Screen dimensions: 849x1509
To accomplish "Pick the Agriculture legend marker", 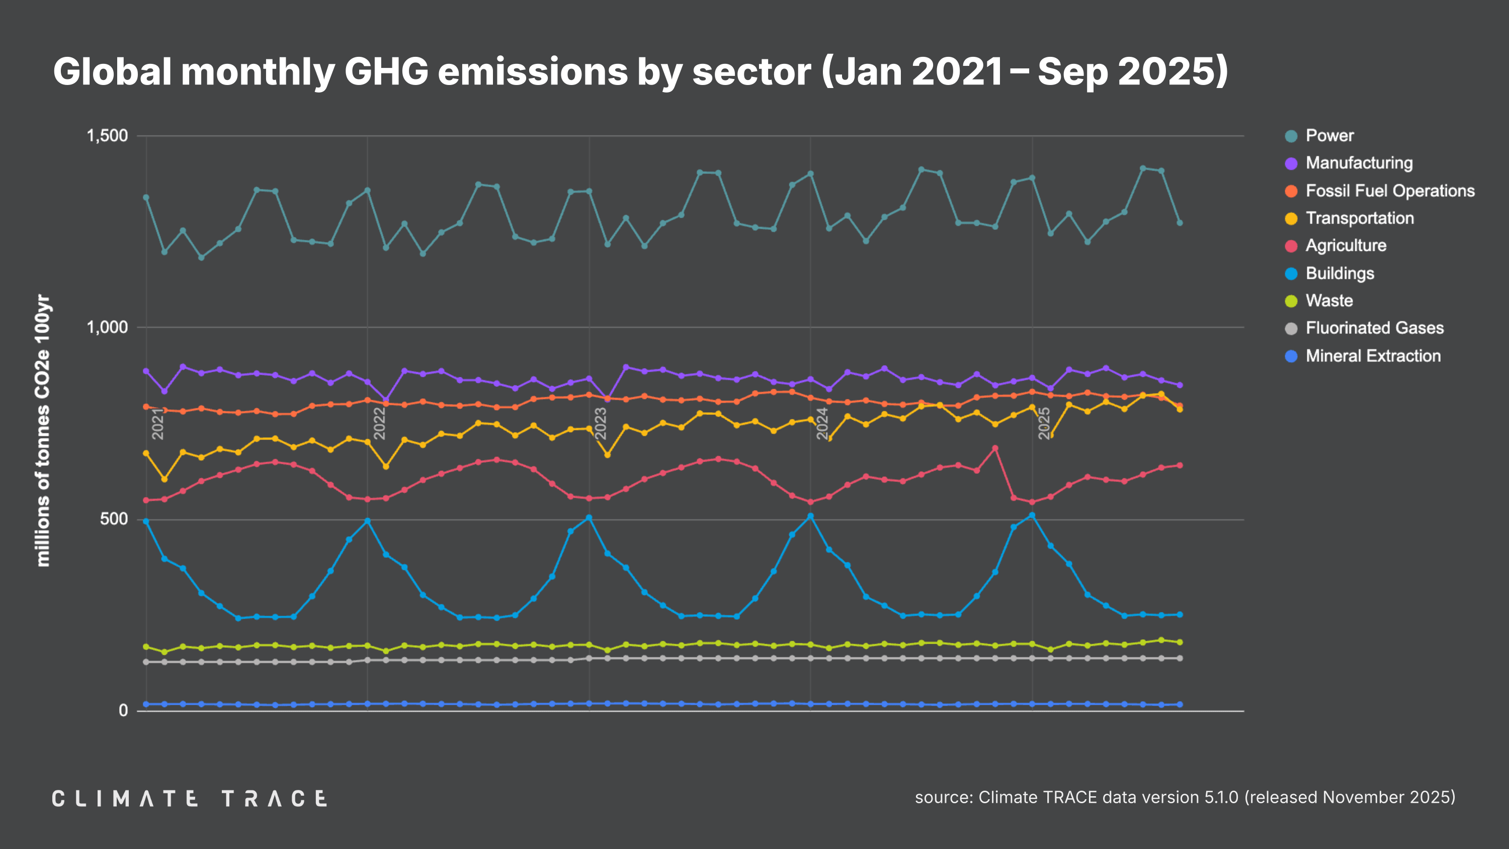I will (x=1291, y=246).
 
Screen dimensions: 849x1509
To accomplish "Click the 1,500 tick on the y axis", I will (x=107, y=136).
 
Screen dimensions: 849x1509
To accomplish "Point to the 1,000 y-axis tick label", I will (x=107, y=327).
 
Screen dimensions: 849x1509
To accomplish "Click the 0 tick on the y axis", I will (x=123, y=711).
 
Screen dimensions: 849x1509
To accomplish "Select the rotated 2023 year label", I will (x=601, y=423).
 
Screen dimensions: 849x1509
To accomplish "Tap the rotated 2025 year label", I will (x=1044, y=423).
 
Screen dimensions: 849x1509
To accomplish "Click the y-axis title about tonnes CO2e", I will (x=43, y=431).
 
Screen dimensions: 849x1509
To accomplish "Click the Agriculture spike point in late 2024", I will (x=994, y=448).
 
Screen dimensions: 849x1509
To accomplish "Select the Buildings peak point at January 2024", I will (x=810, y=516).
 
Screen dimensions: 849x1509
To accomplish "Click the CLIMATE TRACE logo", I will (x=189, y=799).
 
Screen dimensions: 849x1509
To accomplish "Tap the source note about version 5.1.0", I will (x=1185, y=797).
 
